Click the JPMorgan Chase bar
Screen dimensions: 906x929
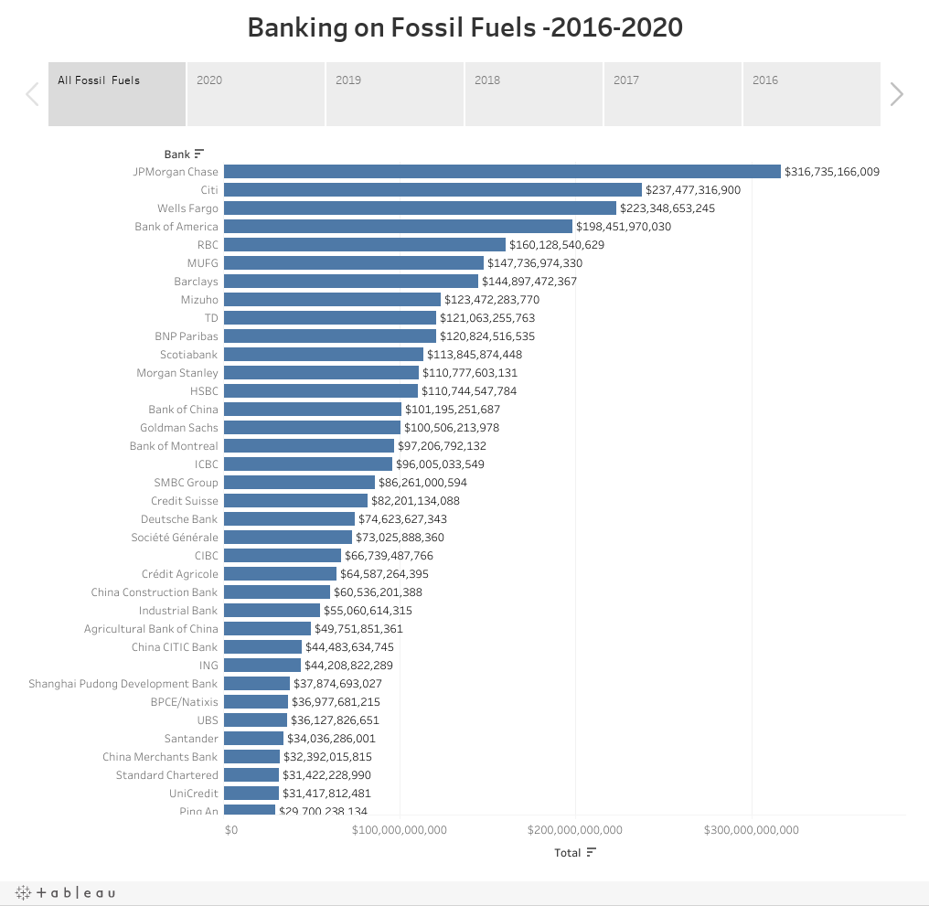pyautogui.click(x=502, y=172)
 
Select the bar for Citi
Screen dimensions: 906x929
pyautogui.click(x=432, y=190)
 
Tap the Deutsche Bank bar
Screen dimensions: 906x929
pyautogui.click(x=289, y=519)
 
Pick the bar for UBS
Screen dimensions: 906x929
pyautogui.click(x=255, y=720)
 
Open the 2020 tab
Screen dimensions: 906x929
pyautogui.click(x=256, y=93)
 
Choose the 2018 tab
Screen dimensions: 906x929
pyautogui.click(x=534, y=93)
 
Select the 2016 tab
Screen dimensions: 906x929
pyautogui.click(x=811, y=93)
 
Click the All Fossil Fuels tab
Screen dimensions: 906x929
pyautogui.click(x=117, y=93)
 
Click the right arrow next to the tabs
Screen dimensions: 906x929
pyautogui.click(x=897, y=94)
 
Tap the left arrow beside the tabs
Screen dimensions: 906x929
pyautogui.click(x=32, y=94)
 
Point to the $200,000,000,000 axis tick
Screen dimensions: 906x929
pyautogui.click(x=575, y=830)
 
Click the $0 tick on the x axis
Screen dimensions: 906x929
pyautogui.click(x=230, y=830)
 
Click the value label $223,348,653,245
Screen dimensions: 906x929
pyautogui.click(x=667, y=208)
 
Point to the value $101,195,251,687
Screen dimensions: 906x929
pyautogui.click(x=453, y=410)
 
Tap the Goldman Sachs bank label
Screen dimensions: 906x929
pyautogui.click(x=179, y=428)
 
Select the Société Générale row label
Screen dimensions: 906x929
pyautogui.click(x=175, y=538)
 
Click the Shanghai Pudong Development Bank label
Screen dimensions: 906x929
pyautogui.click(x=123, y=684)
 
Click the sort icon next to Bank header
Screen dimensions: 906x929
pyautogui.click(x=199, y=155)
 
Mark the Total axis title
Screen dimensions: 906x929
pyautogui.click(x=567, y=853)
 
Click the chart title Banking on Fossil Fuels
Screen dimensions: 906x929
pyautogui.click(x=464, y=28)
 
